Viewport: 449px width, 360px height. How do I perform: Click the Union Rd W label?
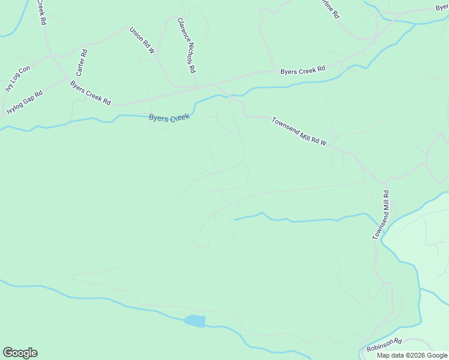[x=142, y=40]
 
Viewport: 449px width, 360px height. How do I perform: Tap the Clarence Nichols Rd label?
[x=186, y=45]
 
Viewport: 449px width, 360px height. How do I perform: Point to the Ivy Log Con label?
[x=17, y=79]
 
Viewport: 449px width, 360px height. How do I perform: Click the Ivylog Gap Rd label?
[x=25, y=103]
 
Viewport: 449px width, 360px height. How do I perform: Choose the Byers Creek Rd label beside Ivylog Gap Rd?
[x=91, y=93]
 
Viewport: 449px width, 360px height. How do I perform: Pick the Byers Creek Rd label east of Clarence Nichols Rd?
[x=303, y=71]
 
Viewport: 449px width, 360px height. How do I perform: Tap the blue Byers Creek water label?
[x=169, y=118]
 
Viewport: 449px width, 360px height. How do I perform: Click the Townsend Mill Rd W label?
[x=298, y=131]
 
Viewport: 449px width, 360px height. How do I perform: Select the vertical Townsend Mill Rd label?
[x=381, y=215]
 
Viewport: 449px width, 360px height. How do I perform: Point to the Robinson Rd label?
[x=384, y=345]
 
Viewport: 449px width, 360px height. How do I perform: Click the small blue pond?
[x=194, y=321]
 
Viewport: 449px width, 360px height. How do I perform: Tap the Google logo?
[x=20, y=353]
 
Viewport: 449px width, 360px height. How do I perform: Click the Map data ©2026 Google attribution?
[x=411, y=355]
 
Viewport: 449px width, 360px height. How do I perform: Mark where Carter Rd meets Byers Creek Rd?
[x=67, y=77]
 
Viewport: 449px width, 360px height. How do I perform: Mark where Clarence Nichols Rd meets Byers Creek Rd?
[x=199, y=86]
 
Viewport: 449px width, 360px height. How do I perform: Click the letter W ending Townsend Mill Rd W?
[x=323, y=144]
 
